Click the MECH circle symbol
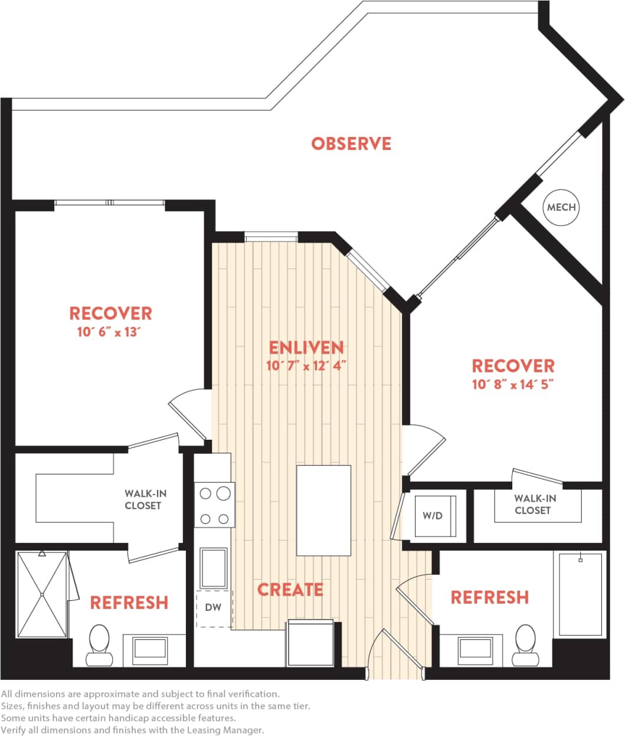(561, 207)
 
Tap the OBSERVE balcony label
(351, 143)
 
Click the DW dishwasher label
(213, 607)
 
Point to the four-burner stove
(214, 505)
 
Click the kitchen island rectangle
(323, 510)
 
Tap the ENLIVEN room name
(306, 347)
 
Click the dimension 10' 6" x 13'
(110, 332)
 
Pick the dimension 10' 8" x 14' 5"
(513, 384)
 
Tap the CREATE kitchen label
(290, 589)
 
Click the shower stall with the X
(42, 594)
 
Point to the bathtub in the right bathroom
(580, 593)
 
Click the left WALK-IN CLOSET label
(142, 499)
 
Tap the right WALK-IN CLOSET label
(534, 505)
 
